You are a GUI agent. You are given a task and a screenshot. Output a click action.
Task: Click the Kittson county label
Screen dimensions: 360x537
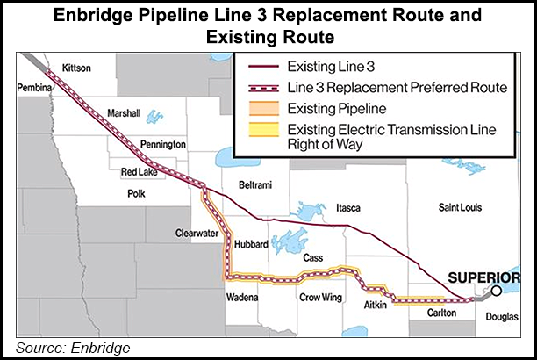[77, 68]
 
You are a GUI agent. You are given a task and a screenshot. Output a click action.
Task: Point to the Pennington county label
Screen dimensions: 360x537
[163, 143]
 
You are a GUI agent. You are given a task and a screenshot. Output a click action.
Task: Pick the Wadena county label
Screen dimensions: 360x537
[241, 297]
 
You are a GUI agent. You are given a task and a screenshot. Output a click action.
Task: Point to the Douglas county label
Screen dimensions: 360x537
[501, 312]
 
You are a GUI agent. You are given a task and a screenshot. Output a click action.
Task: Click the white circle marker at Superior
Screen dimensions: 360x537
[497, 291]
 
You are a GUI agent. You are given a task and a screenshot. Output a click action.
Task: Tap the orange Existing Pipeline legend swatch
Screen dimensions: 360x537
[260, 109]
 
